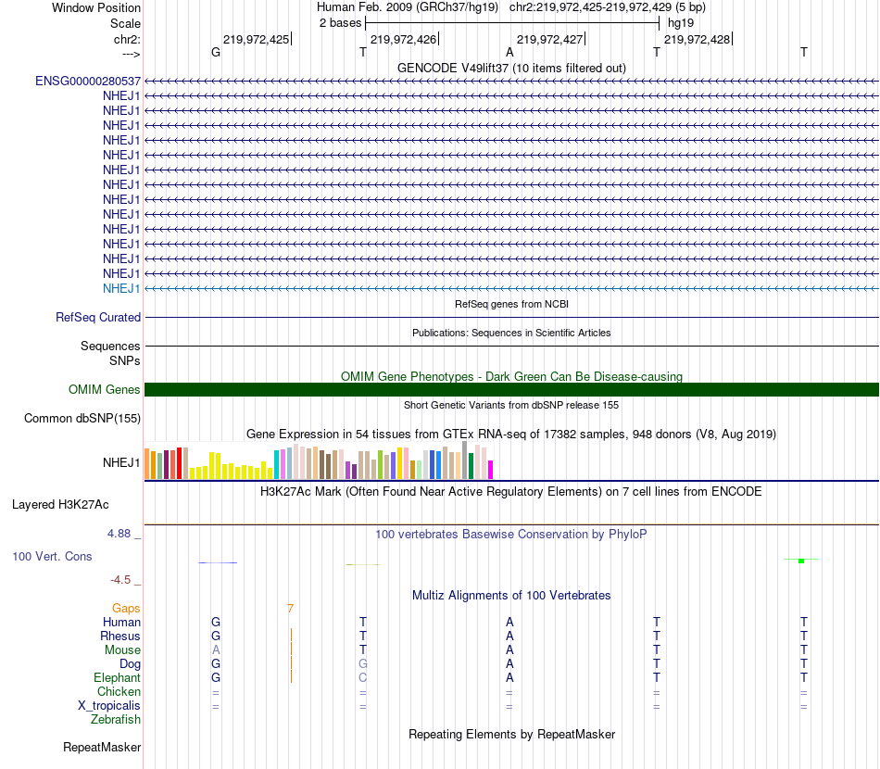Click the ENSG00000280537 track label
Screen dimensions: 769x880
88,81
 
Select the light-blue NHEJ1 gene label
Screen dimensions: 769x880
121,288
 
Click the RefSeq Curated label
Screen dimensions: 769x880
98,317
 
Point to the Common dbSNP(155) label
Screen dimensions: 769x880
82,418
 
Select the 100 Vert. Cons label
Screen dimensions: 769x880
52,556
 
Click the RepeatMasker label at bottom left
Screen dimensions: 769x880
102,747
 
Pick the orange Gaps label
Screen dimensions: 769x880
126,609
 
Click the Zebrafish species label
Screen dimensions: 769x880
116,719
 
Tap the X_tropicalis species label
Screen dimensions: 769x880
109,705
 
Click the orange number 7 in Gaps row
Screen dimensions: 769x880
290,609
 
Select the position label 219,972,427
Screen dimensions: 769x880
550,39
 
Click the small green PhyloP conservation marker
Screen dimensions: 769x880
801,561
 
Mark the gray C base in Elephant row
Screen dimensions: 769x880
363,678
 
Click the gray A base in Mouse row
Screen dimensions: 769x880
216,650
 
